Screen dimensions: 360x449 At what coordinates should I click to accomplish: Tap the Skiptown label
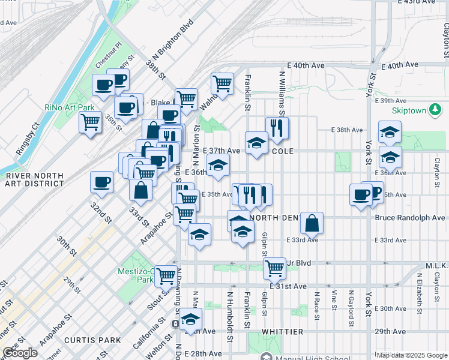(408, 111)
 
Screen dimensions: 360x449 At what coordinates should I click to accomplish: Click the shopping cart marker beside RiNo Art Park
(90, 122)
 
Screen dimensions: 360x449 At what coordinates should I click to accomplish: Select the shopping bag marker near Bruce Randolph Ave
(312, 223)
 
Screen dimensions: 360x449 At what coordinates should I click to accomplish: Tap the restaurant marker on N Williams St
(277, 127)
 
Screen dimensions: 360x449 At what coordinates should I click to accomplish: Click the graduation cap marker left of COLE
(256, 143)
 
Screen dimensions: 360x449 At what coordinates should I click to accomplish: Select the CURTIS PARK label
(93, 340)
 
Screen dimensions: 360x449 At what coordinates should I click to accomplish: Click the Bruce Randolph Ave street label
(408, 217)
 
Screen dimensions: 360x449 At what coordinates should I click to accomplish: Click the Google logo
(20, 353)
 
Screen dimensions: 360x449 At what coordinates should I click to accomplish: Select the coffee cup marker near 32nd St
(101, 181)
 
